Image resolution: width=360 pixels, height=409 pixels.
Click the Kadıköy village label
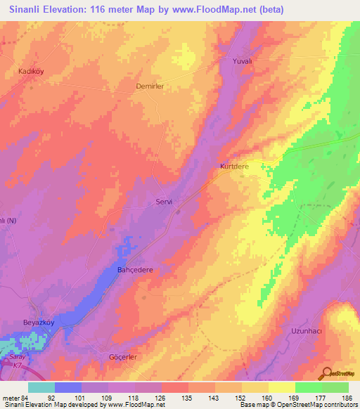(x=30, y=72)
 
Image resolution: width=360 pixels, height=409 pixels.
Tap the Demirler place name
(x=149, y=86)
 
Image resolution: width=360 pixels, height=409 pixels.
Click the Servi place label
(x=164, y=202)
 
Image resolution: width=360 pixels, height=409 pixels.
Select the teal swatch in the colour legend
(x=41, y=387)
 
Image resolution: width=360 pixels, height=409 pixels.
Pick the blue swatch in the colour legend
(x=68, y=387)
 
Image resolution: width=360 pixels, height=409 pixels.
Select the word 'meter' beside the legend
(x=10, y=398)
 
